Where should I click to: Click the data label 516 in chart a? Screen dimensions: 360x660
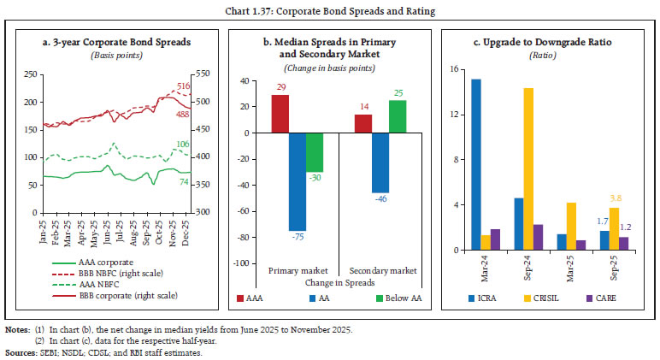[x=183, y=86]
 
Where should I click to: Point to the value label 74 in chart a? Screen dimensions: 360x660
[x=183, y=182]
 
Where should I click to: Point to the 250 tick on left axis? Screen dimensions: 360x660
[x=32, y=74]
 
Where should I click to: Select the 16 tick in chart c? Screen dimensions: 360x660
[x=455, y=69]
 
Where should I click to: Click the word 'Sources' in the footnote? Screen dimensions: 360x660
[x=19, y=351]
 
